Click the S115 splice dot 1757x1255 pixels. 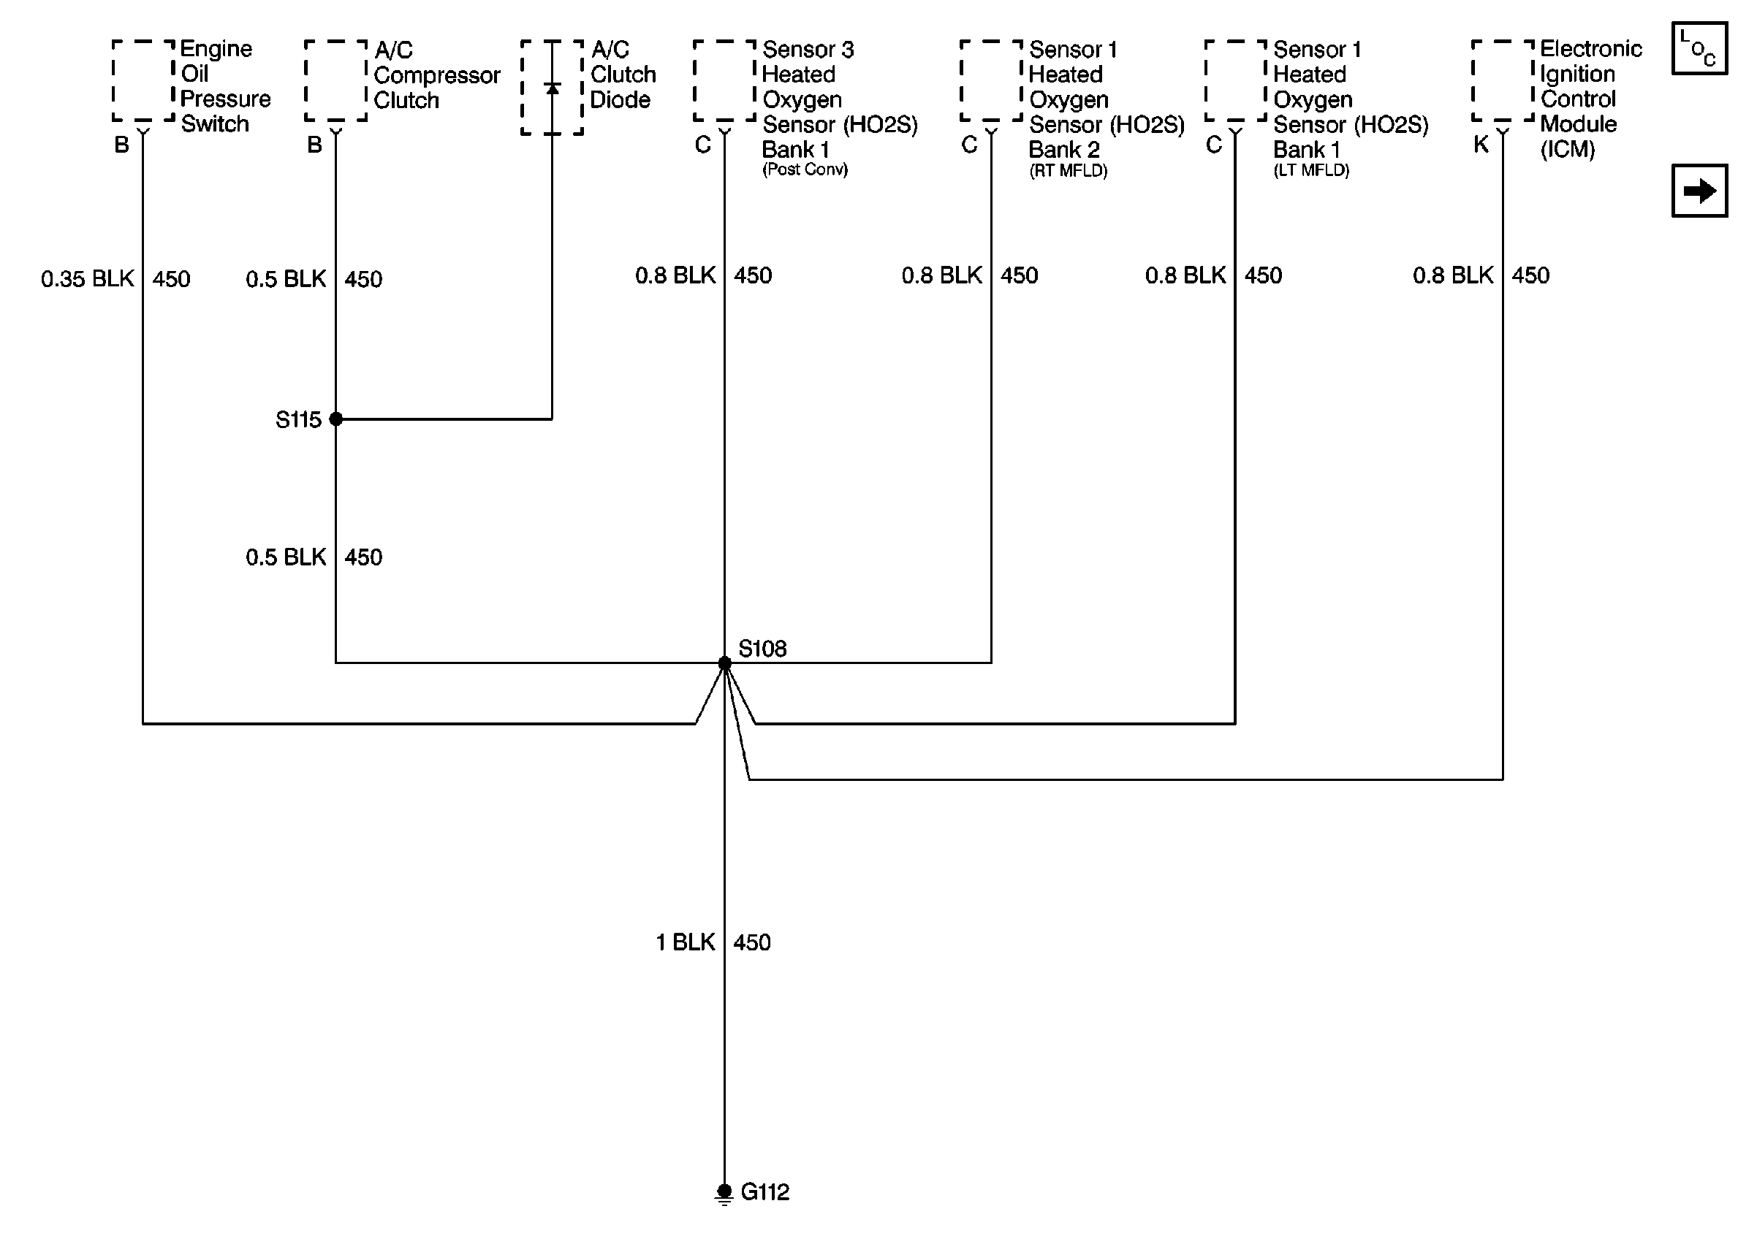[335, 419]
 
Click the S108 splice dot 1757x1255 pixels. [724, 663]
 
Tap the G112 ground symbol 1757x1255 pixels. [724, 1193]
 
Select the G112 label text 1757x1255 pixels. [764, 1192]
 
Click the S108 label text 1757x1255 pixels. [762, 649]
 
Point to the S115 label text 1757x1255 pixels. [297, 419]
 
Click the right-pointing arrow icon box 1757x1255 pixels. [1699, 191]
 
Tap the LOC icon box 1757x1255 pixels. [1699, 49]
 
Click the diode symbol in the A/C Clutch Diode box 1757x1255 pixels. [552, 89]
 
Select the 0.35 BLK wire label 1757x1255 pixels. [88, 278]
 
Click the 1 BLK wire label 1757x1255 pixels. [686, 942]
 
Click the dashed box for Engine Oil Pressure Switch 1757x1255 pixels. [143, 80]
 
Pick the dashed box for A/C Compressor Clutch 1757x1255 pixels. [335, 80]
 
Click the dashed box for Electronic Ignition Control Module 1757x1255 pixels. [1502, 80]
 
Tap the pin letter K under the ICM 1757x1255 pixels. [1480, 145]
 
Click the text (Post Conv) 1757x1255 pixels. [805, 169]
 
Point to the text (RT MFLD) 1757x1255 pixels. [1068, 171]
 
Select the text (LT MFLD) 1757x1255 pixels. [1311, 171]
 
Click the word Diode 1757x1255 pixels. [620, 99]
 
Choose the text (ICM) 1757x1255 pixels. [1567, 149]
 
